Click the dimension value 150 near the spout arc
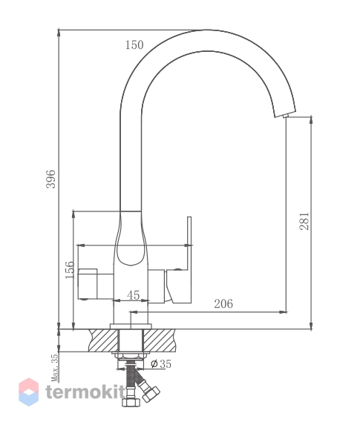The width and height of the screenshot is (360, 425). [134, 45]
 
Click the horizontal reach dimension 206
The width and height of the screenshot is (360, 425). [223, 303]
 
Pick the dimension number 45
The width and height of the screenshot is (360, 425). [133, 295]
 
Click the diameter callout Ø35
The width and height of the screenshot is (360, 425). [160, 363]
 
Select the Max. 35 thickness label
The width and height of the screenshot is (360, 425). [55, 368]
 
